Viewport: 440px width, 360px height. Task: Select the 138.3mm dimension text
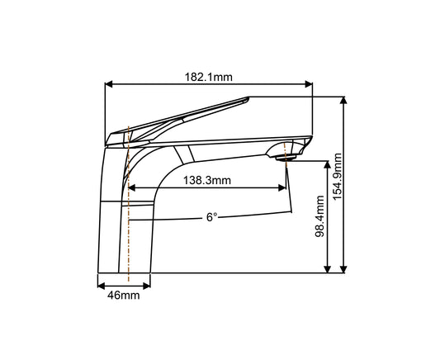206,179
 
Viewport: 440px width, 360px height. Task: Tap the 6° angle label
212,217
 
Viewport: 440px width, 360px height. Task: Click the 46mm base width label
125,295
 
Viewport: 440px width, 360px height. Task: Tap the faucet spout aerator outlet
286,154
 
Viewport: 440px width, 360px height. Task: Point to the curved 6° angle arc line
248,216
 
